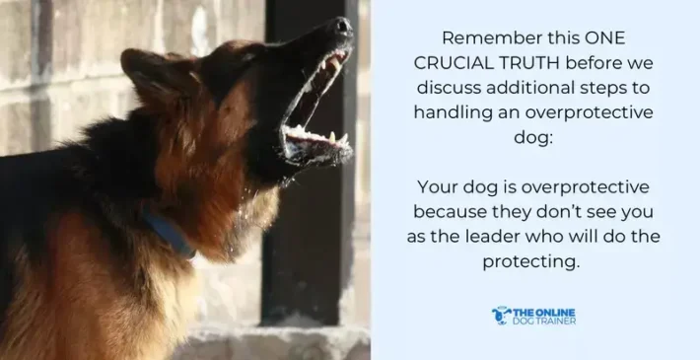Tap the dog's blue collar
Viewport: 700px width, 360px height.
click(x=168, y=234)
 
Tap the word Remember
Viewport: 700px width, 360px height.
click(x=488, y=38)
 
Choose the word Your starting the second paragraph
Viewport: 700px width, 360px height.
click(x=437, y=187)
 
